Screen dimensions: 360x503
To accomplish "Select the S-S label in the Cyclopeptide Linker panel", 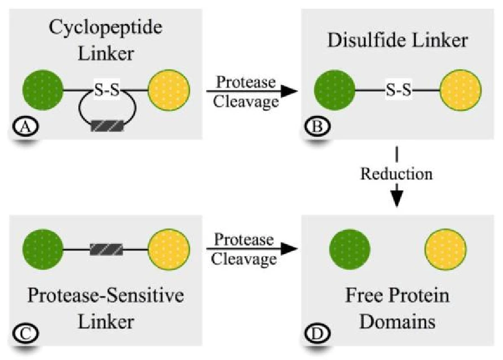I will pos(107,90).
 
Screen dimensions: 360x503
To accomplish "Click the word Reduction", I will pos(397,174).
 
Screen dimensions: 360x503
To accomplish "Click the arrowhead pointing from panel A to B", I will pos(290,90).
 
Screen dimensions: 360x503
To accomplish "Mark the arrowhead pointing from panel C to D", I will pos(290,248).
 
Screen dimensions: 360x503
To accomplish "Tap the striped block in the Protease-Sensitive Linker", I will pos(107,248).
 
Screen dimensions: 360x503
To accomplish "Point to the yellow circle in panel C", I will pos(169,248).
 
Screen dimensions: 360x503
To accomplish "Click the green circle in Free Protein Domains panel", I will pos(350,248).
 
